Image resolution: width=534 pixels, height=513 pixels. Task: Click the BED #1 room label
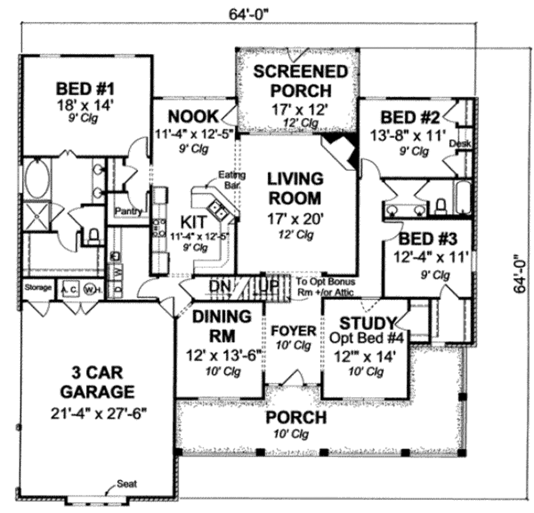(x=85, y=86)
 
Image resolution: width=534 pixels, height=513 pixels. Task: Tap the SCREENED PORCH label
(x=300, y=81)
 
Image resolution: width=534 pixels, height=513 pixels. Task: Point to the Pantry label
(x=128, y=211)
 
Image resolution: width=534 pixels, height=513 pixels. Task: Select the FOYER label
(x=294, y=331)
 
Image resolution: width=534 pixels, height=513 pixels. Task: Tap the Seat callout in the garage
(x=127, y=483)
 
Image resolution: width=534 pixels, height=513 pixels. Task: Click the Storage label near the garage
(x=39, y=287)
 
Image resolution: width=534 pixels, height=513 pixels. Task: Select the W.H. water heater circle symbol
(x=90, y=289)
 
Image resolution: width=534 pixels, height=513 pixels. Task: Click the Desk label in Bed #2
(x=457, y=143)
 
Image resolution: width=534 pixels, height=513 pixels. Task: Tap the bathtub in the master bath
(x=37, y=179)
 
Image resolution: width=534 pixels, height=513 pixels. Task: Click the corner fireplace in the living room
(x=342, y=148)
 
